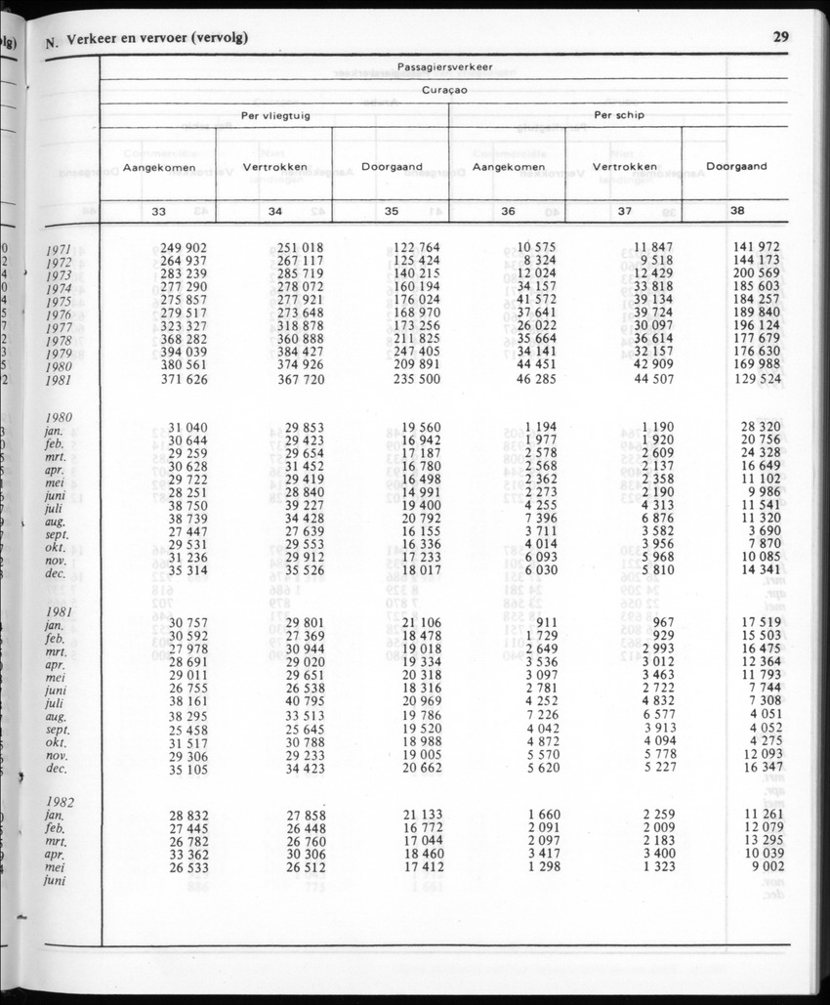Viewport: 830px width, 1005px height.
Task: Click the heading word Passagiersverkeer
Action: click(444, 66)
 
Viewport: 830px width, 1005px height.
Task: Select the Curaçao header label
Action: click(444, 90)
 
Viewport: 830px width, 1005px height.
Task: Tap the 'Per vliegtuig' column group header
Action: click(276, 115)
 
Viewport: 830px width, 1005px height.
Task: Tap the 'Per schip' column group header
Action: click(618, 115)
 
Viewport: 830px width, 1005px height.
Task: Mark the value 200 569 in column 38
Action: click(757, 274)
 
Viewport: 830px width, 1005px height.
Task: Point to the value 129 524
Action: click(757, 379)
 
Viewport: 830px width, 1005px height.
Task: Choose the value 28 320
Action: click(761, 427)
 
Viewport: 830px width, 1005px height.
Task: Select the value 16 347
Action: click(761, 769)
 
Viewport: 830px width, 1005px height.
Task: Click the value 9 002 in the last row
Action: click(765, 865)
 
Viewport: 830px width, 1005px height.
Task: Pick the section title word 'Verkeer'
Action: click(95, 39)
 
